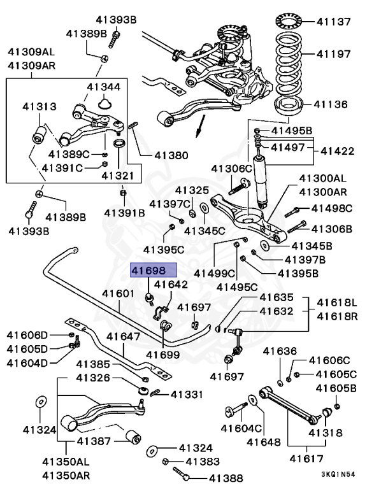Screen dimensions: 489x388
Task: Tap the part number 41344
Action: (104, 87)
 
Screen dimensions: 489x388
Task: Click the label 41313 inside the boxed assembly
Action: (39, 107)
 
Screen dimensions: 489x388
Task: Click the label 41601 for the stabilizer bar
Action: (119, 294)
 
